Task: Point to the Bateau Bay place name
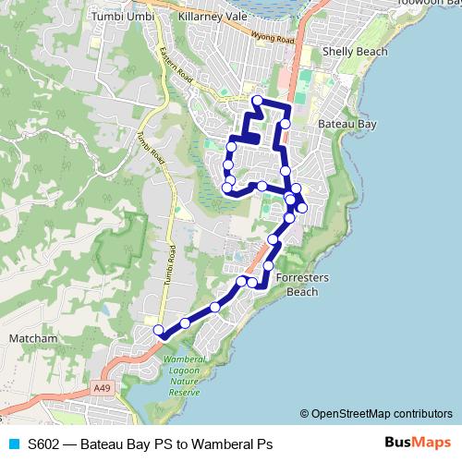tap(345, 123)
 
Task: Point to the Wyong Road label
tap(274, 39)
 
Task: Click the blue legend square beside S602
tap(14, 444)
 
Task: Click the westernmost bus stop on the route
tap(158, 330)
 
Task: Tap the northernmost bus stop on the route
tap(257, 100)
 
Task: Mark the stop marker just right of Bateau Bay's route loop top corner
tap(286, 123)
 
